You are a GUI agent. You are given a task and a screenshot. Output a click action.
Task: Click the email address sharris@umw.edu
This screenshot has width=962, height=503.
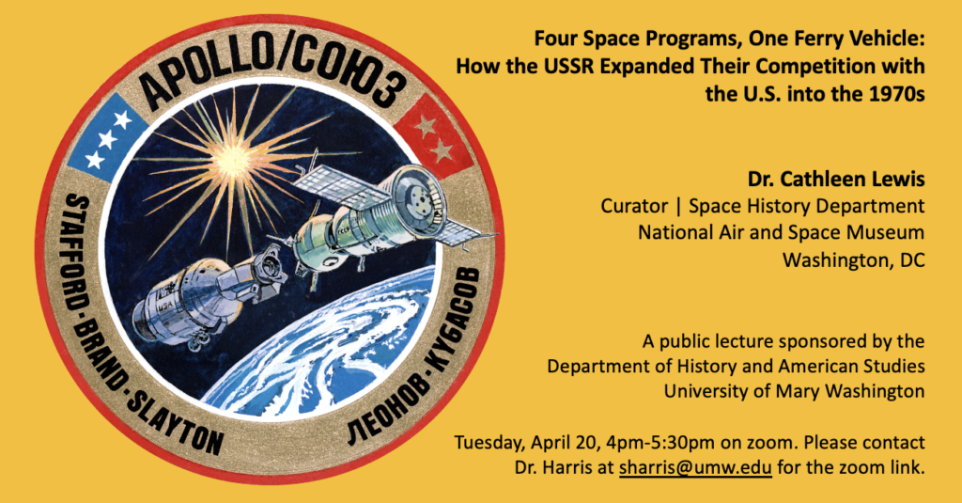pos(695,467)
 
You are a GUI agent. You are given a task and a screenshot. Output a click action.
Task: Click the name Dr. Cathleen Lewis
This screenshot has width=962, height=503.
pos(835,179)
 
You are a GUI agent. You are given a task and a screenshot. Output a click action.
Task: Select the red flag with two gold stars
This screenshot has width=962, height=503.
pos(433,139)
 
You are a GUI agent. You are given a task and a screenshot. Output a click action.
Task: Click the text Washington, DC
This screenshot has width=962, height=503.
pos(853,260)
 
